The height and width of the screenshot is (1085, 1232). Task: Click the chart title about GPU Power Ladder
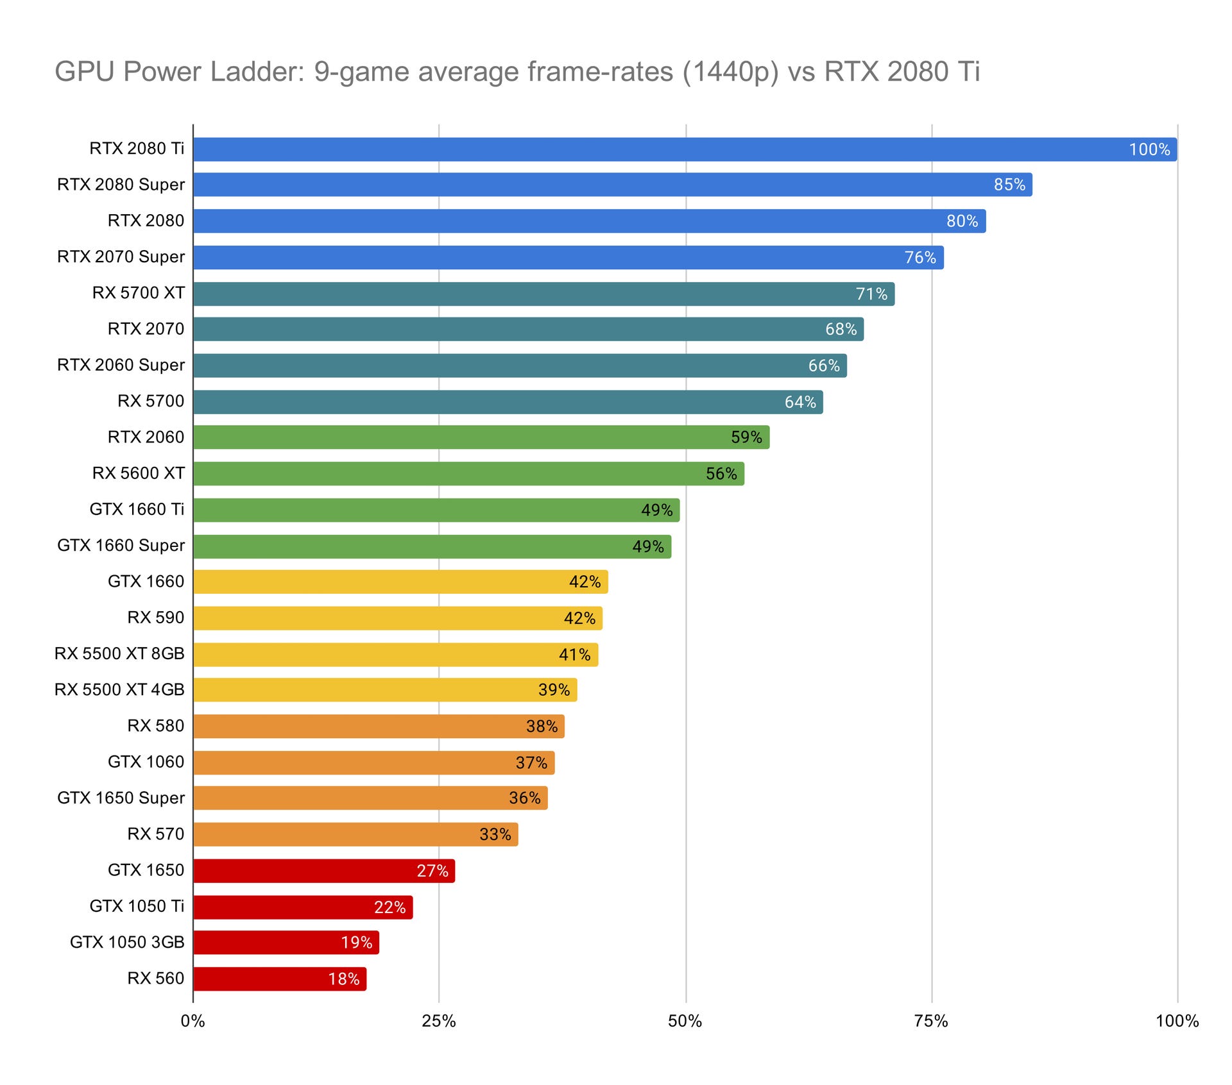pyautogui.click(x=517, y=71)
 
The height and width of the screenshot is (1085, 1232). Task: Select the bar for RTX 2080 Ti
pyautogui.click(x=685, y=149)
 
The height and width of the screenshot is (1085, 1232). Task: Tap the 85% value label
pyautogui.click(x=1009, y=185)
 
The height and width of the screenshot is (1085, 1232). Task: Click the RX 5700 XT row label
pyautogui.click(x=138, y=293)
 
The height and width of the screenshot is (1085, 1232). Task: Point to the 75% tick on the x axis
pyautogui.click(x=931, y=1022)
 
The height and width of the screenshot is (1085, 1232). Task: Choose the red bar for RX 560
pyautogui.click(x=279, y=979)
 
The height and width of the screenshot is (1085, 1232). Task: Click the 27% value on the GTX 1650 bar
pyautogui.click(x=432, y=871)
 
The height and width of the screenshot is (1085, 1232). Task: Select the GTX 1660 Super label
pyautogui.click(x=121, y=546)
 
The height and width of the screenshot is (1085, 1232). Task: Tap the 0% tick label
pyautogui.click(x=193, y=1022)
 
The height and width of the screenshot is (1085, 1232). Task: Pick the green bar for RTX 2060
pyautogui.click(x=481, y=437)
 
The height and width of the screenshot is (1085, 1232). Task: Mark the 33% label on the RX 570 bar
pyautogui.click(x=495, y=834)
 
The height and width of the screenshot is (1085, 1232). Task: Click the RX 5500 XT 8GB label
pyautogui.click(x=119, y=653)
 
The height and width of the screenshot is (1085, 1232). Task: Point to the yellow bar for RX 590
pyautogui.click(x=397, y=618)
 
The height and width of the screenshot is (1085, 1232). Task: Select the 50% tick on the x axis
pyautogui.click(x=685, y=1022)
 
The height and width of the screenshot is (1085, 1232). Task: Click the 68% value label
pyautogui.click(x=841, y=330)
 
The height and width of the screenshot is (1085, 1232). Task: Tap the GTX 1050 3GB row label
pyautogui.click(x=127, y=942)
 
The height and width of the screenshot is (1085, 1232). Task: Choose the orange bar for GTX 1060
pyautogui.click(x=373, y=763)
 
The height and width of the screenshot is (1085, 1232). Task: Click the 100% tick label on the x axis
pyautogui.click(x=1177, y=1022)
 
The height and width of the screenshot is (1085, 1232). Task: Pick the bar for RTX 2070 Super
pyautogui.click(x=568, y=257)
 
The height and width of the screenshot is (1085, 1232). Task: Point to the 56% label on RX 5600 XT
pyautogui.click(x=721, y=474)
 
